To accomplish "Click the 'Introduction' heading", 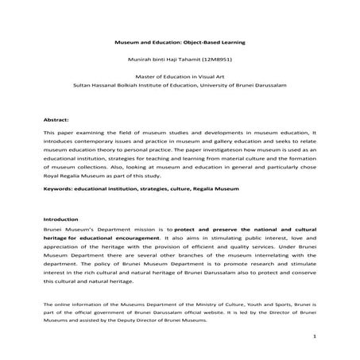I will click(61, 219).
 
